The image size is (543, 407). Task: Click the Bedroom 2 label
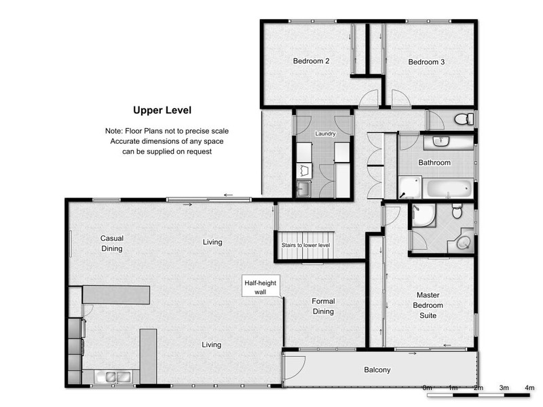[x=311, y=61]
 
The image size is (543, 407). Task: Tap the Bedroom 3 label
[x=426, y=62]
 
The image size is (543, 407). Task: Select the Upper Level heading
[x=162, y=111]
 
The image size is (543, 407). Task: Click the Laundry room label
[x=325, y=134]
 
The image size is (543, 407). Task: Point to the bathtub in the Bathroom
[x=449, y=189]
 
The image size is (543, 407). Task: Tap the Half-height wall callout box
[x=261, y=287]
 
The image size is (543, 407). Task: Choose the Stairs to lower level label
[x=305, y=245]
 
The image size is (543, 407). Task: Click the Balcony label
[x=377, y=370]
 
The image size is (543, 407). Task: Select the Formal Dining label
[x=323, y=307]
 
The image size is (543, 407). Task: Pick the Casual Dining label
[x=111, y=244]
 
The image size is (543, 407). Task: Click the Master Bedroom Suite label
[x=428, y=305]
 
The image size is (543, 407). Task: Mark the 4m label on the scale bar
[x=529, y=387]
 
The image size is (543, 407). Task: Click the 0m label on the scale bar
[x=427, y=387]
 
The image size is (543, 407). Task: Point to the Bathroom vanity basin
[x=441, y=142]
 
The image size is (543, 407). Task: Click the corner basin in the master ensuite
[x=463, y=243]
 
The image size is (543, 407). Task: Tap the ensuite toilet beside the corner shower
[x=457, y=211]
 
